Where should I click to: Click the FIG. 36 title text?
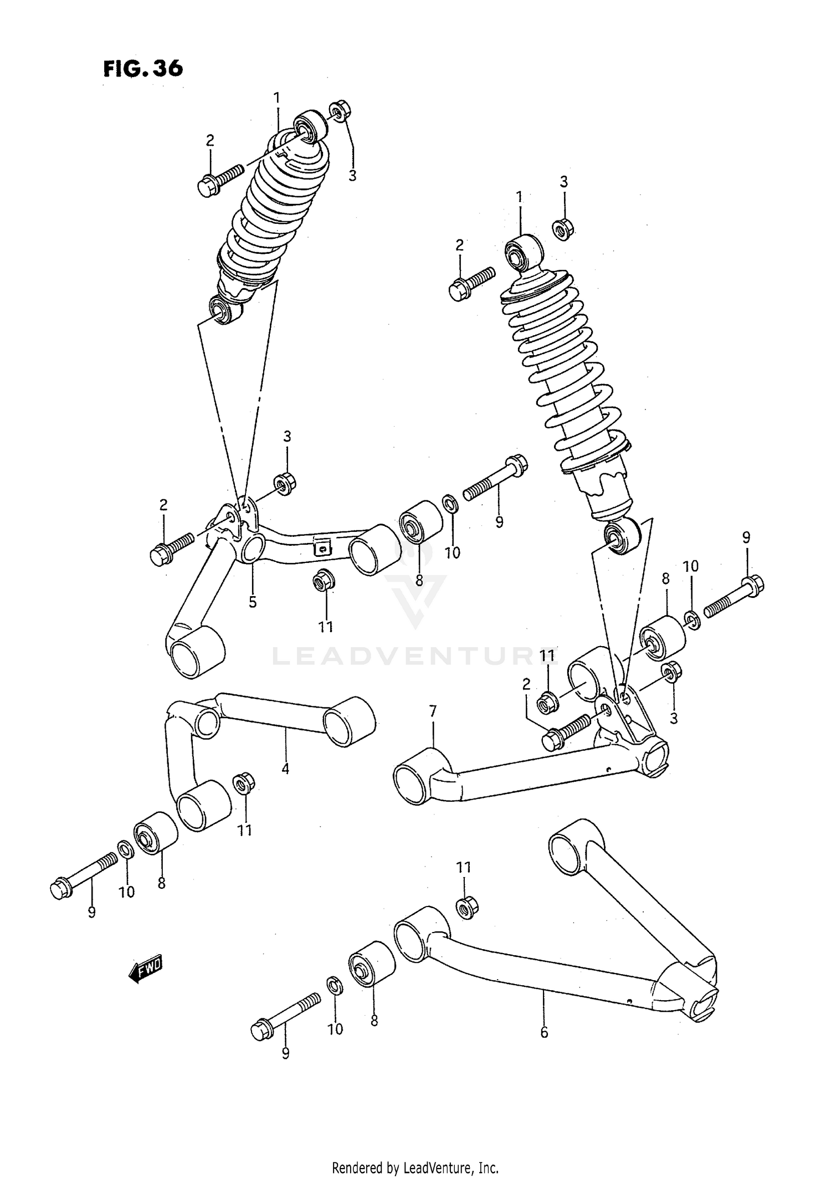click(x=142, y=69)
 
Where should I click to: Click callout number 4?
click(x=285, y=769)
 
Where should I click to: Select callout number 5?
click(x=253, y=602)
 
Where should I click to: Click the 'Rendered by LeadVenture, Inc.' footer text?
click(x=415, y=1168)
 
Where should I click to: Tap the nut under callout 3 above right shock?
click(x=563, y=229)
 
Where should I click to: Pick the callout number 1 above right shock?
click(x=519, y=197)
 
